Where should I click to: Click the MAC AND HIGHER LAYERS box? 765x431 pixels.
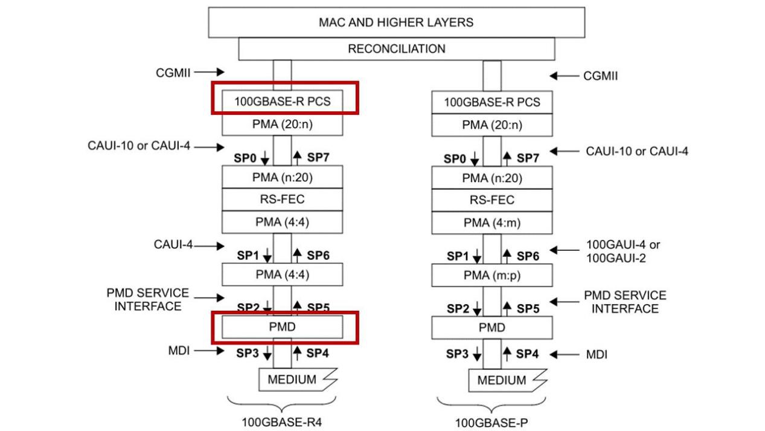[396, 22]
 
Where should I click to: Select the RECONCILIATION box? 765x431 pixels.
[396, 49]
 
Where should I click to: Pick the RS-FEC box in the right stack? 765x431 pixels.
[492, 200]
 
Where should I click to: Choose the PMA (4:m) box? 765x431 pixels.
[492, 222]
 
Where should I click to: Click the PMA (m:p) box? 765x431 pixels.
[492, 275]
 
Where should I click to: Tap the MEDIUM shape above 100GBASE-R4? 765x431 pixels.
[296, 380]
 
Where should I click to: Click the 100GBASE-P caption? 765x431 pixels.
[492, 422]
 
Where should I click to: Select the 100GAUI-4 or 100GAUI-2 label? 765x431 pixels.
[623, 251]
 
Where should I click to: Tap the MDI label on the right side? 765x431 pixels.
[597, 354]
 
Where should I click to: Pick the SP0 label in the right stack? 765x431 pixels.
[456, 159]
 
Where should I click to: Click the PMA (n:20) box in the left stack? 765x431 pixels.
[283, 178]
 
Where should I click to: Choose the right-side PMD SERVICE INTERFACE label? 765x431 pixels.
[625, 302]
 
